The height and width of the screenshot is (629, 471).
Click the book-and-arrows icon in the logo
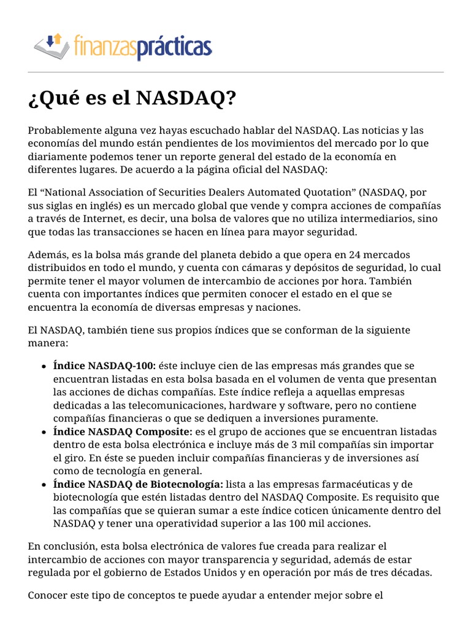(48, 45)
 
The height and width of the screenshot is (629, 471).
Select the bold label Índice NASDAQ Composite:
(123, 432)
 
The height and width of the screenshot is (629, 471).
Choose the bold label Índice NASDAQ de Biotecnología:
(138, 485)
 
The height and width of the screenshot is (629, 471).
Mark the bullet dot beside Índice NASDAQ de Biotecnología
(44, 485)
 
